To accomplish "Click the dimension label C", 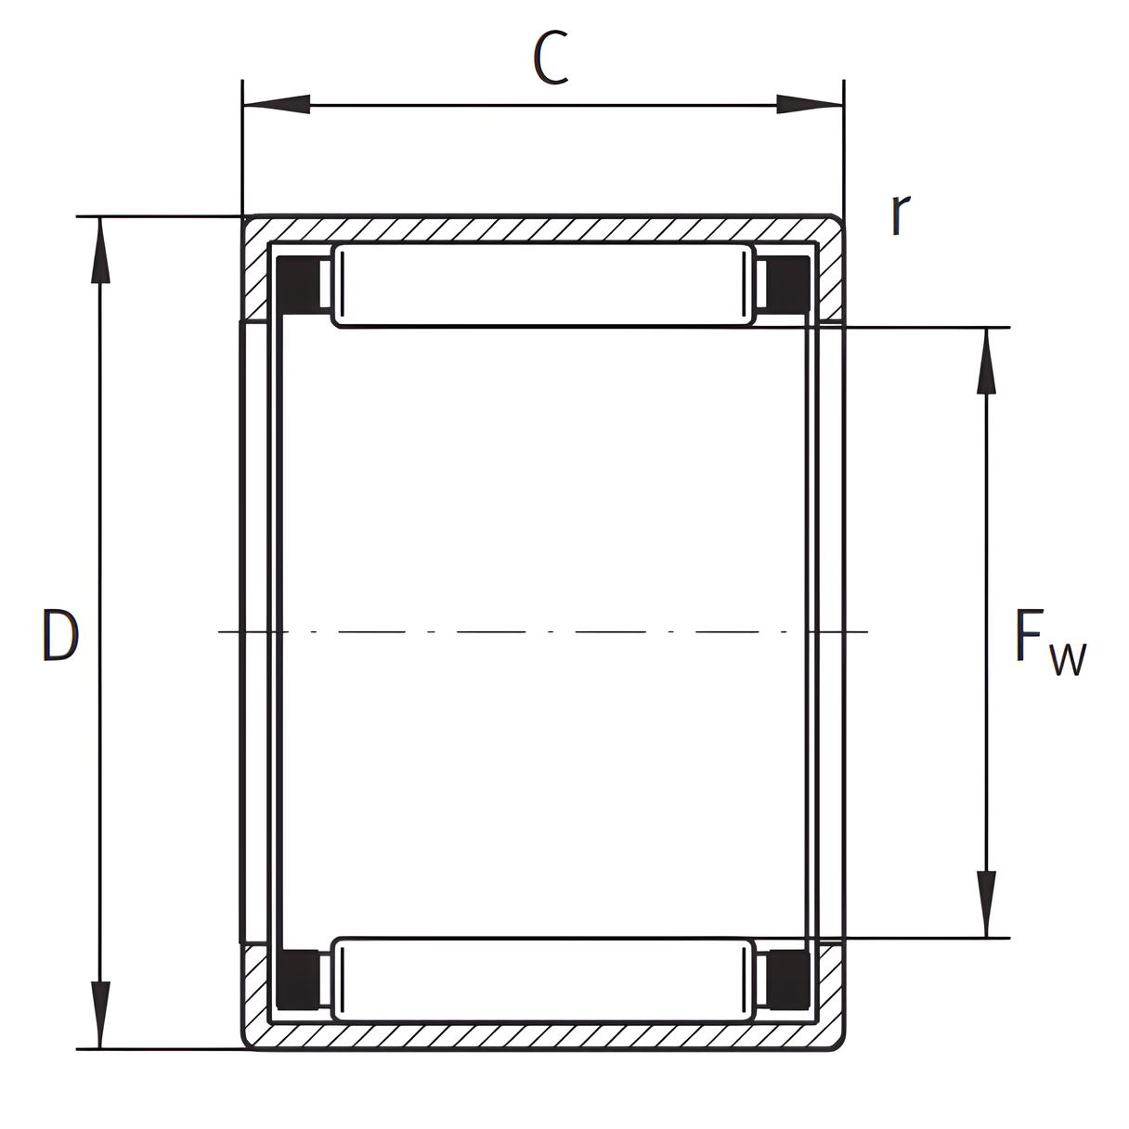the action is pyautogui.click(x=551, y=58).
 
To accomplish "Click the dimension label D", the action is pyautogui.click(x=60, y=635).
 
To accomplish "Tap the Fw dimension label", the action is pyautogui.click(x=1050, y=642).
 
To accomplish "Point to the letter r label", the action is pyautogui.click(x=901, y=214).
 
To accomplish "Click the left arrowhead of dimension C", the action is pyautogui.click(x=276, y=105).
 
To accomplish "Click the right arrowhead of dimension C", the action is pyautogui.click(x=810, y=105).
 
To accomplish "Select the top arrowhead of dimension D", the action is pyautogui.click(x=101, y=251).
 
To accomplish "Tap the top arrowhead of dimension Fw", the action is pyautogui.click(x=987, y=361).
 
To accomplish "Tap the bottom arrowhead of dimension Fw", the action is pyautogui.click(x=987, y=904).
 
